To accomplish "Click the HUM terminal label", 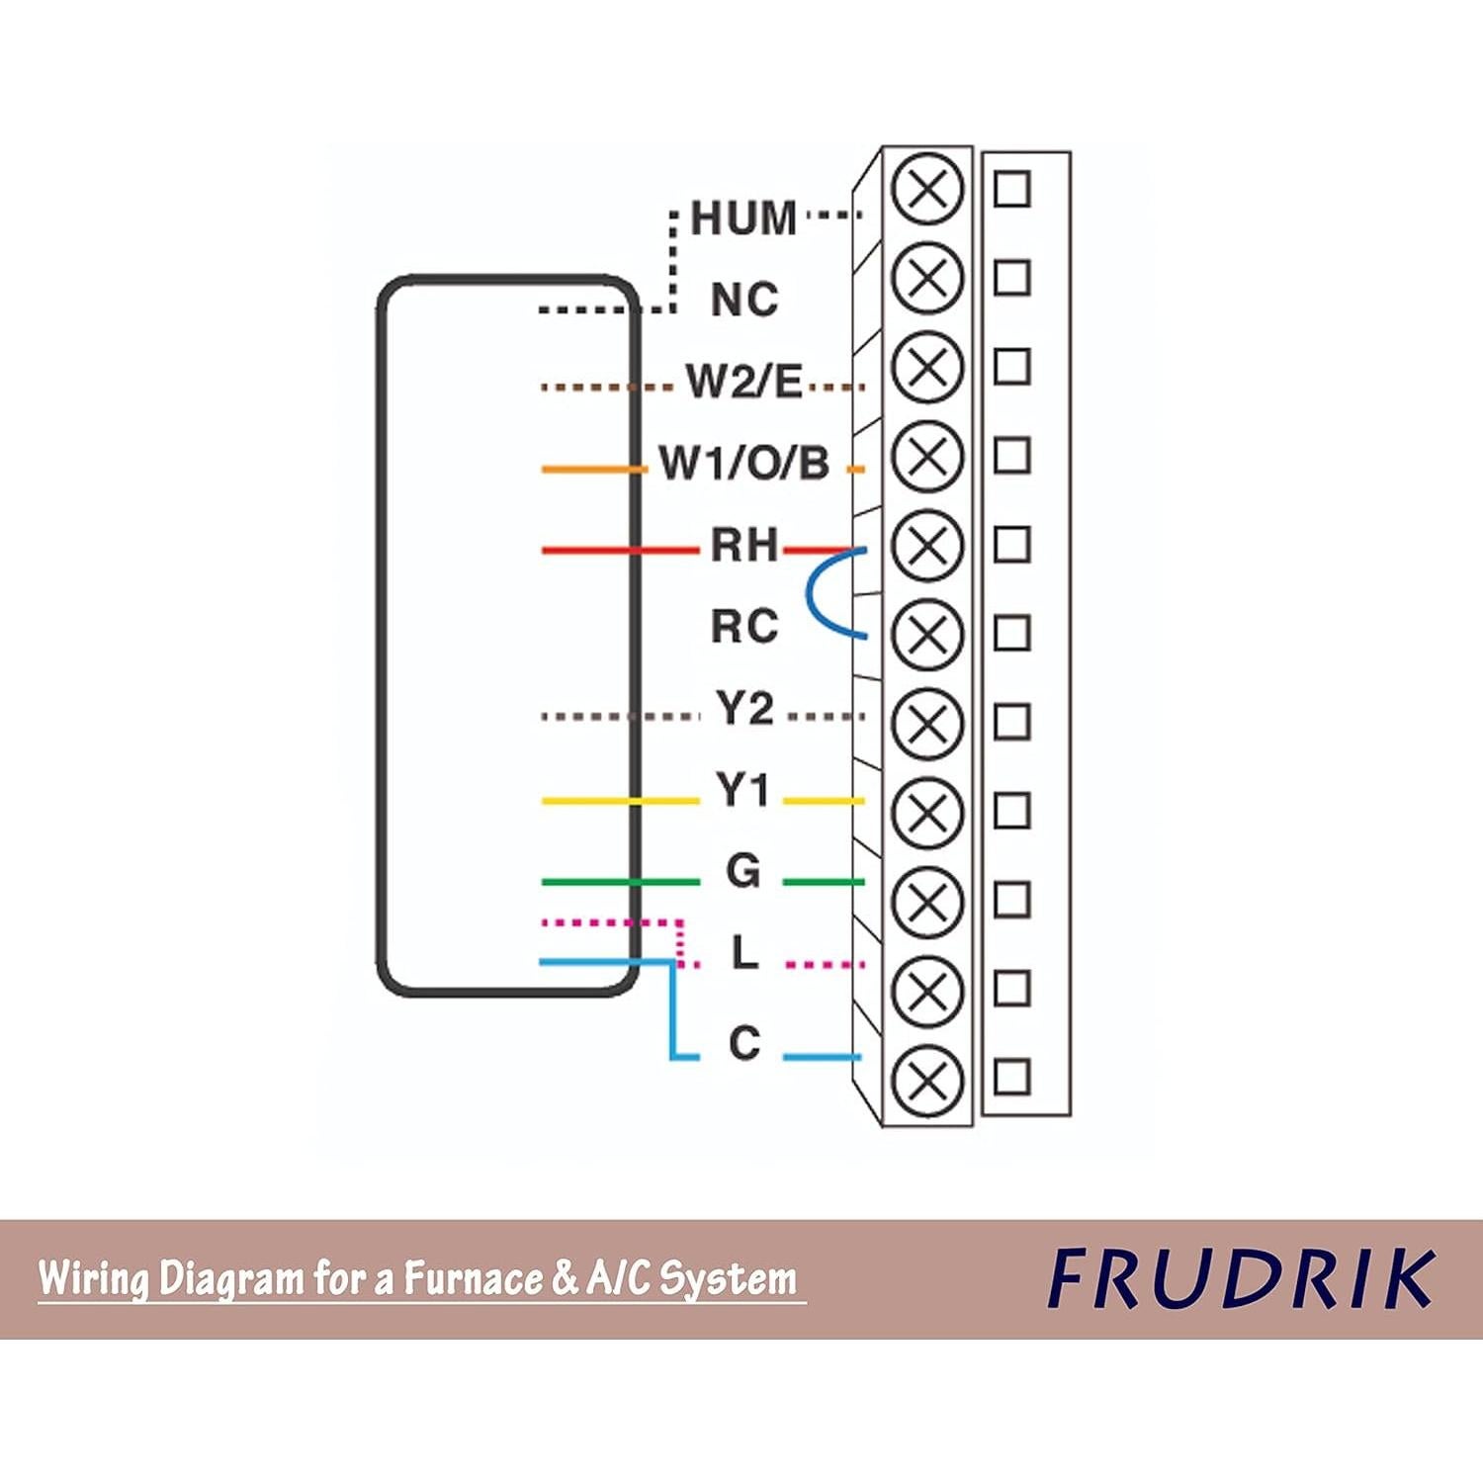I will coord(743,218).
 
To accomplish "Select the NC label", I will coord(744,300).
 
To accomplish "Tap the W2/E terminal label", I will coord(744,382).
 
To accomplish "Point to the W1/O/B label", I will coord(744,464).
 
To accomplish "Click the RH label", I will coord(744,545).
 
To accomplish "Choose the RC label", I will coord(744,627).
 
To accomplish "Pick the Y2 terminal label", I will coord(744,709).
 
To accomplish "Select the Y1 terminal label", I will coord(743,791).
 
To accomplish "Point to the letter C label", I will coord(744,1044).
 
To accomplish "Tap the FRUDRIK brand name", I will coord(1242,1279).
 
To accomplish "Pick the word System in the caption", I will coord(728,1278).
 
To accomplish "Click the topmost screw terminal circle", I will coord(927,189).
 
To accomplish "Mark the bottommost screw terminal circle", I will coord(927,1080).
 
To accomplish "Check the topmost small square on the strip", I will coord(1011,188).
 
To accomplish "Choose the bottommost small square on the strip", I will coord(1011,1077).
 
